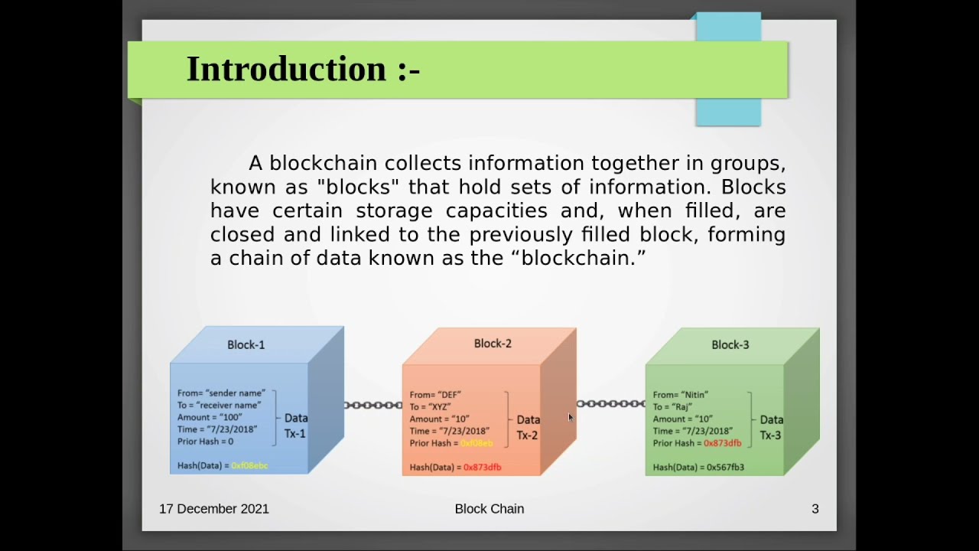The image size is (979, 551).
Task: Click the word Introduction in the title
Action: tap(286, 69)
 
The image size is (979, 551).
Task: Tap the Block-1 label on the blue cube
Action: tap(246, 345)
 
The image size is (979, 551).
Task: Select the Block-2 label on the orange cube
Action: tap(493, 344)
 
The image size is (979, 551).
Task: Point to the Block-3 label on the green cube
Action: tap(730, 345)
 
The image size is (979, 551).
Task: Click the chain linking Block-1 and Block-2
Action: tap(373, 405)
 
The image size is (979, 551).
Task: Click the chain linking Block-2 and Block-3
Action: tap(610, 403)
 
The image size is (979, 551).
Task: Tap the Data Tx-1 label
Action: tap(296, 425)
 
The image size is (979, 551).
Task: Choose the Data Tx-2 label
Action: tap(528, 427)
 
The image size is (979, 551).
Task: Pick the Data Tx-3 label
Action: tap(771, 427)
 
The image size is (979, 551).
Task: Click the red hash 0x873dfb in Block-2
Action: tap(482, 468)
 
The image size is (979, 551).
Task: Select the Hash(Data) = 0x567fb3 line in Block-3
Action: tap(698, 468)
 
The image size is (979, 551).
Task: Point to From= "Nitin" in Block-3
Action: tap(680, 395)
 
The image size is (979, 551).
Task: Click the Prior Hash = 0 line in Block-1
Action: tap(205, 442)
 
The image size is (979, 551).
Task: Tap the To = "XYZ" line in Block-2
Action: tap(430, 407)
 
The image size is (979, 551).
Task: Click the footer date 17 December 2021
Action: tap(214, 509)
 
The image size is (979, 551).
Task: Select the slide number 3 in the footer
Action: tap(815, 509)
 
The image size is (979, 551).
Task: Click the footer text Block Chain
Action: tap(489, 509)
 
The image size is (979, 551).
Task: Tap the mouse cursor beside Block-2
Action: tap(571, 418)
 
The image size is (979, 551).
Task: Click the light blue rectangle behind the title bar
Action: tap(728, 112)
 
